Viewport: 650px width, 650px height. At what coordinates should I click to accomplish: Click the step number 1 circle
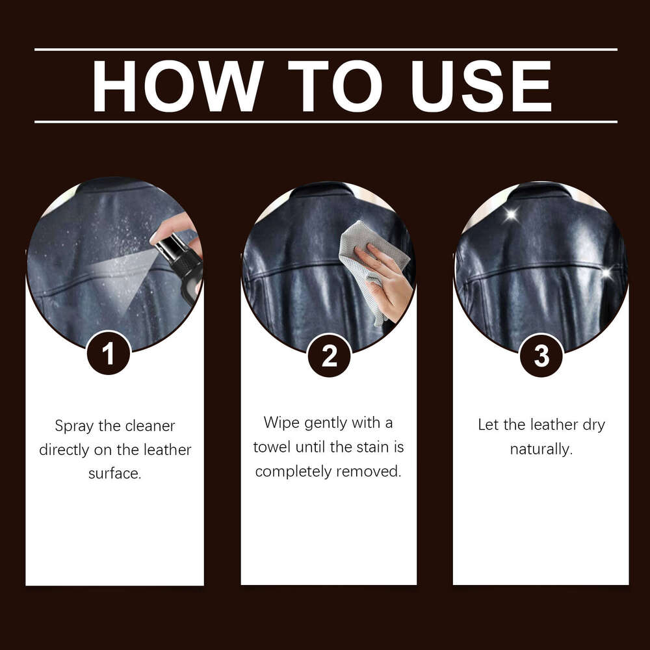pos(109,354)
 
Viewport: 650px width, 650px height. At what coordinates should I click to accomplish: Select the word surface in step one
pos(114,473)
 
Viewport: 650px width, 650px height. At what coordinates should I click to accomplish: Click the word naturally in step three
pos(541,449)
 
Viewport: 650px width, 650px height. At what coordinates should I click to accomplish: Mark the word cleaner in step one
pos(149,426)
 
